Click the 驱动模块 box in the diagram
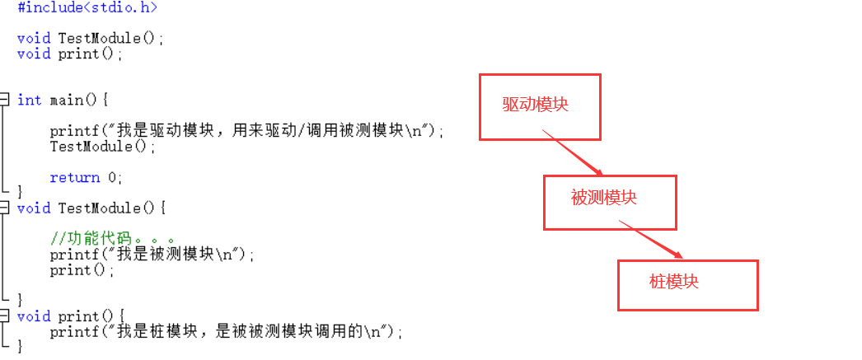[x=540, y=106]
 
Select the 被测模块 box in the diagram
[x=609, y=202]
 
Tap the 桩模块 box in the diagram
[x=686, y=285]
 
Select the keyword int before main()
[x=29, y=100]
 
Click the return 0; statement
[x=86, y=177]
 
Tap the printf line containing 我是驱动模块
[x=246, y=131]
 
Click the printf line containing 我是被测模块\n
[x=152, y=255]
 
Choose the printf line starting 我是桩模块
[x=226, y=332]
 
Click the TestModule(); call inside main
[x=102, y=147]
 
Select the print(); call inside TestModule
[x=82, y=270]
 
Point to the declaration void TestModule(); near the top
[x=91, y=39]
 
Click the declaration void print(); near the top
[x=69, y=54]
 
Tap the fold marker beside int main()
[x=5, y=100]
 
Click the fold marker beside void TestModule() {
[x=5, y=208]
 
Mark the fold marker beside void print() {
[x=5, y=316]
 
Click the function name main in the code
[x=66, y=100]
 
